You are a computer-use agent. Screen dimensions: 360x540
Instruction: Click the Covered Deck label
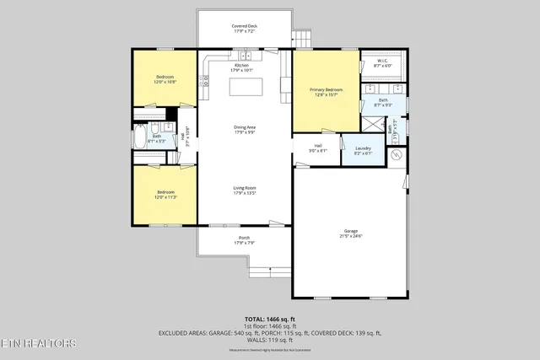(245, 29)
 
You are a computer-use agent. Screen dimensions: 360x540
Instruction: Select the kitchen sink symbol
(246, 56)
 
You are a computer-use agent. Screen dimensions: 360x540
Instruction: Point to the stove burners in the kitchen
(203, 81)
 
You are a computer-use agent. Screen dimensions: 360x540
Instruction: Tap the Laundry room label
(363, 151)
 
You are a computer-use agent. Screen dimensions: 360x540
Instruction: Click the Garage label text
(350, 234)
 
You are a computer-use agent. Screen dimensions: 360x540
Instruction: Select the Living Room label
(245, 191)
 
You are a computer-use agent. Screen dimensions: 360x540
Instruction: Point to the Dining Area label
(245, 130)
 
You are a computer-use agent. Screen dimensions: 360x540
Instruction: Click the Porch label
(245, 240)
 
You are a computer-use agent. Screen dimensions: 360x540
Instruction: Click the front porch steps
(269, 271)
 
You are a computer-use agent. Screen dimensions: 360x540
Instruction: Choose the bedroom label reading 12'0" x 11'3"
(165, 195)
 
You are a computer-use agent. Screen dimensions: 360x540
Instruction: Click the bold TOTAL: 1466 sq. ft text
(270, 320)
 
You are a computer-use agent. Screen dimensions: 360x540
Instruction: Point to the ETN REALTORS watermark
(39, 343)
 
